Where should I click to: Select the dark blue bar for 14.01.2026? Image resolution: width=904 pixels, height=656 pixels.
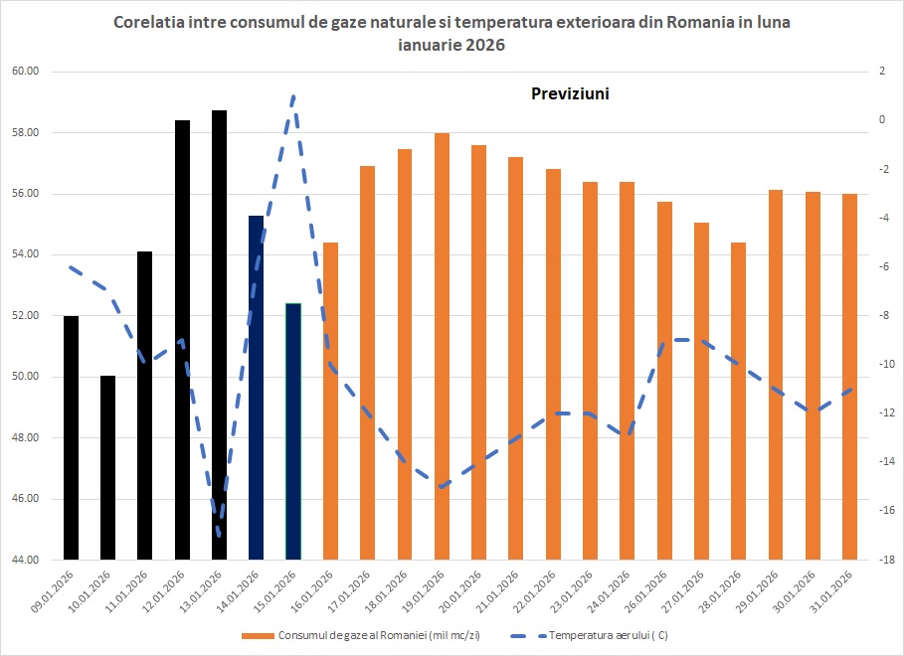pyautogui.click(x=256, y=388)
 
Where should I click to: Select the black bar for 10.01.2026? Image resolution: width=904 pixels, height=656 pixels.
pyautogui.click(x=107, y=467)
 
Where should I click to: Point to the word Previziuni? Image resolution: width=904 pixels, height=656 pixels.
pyautogui.click(x=567, y=94)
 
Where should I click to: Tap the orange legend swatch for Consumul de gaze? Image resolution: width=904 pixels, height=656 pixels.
pyautogui.click(x=258, y=634)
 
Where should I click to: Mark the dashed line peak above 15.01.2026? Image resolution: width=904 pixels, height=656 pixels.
pyautogui.click(x=293, y=96)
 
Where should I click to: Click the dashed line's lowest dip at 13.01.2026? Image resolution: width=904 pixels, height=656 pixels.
pyautogui.click(x=219, y=535)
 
